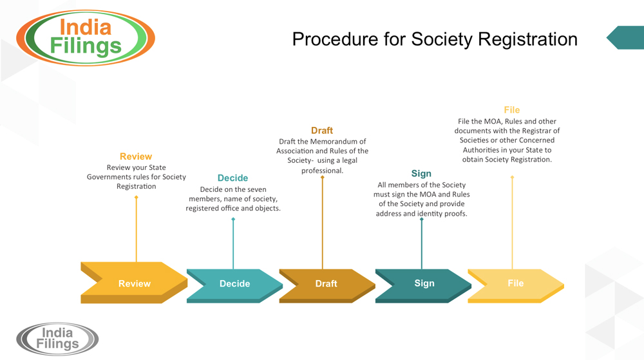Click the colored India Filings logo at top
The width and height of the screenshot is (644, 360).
pos(86,37)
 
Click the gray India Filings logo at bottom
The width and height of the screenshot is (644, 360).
pos(57,339)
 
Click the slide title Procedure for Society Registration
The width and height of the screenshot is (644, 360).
pos(434,39)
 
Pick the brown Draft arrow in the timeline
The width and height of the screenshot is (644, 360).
pos(326,283)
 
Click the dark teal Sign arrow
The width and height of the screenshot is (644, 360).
pos(424,283)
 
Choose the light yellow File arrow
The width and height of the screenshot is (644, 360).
pos(515,283)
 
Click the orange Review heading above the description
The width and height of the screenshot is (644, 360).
pos(136,156)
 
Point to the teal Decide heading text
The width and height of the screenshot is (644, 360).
pos(232,178)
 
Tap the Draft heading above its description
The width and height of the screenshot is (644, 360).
pos(322,131)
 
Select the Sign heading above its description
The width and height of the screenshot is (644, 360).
pos(421,173)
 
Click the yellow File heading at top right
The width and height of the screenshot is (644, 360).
pos(512,110)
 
